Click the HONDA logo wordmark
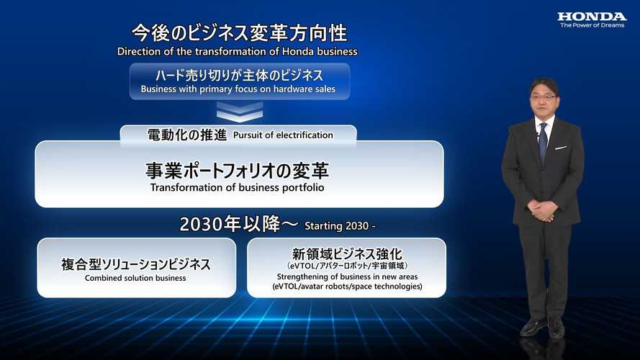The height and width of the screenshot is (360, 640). click(x=592, y=17)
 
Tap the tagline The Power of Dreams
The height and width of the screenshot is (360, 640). click(x=592, y=25)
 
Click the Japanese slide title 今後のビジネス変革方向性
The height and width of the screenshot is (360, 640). click(x=240, y=33)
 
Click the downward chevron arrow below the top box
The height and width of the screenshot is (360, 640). click(x=240, y=112)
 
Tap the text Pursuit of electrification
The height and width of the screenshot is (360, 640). click(x=283, y=135)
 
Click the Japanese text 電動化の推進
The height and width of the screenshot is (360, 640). click(x=187, y=135)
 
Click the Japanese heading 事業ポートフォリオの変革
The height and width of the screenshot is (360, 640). click(x=237, y=171)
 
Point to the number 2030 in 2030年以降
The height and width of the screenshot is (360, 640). click(x=200, y=224)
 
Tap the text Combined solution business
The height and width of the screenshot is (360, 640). click(x=135, y=278)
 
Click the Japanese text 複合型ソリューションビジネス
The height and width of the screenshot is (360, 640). click(x=136, y=264)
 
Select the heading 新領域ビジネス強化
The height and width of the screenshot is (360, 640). click(x=347, y=253)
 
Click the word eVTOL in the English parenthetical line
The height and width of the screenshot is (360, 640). click(x=287, y=287)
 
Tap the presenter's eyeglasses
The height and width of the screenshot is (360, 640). click(x=544, y=97)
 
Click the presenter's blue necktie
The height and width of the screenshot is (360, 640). click(x=543, y=142)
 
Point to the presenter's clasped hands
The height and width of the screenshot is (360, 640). click(x=543, y=211)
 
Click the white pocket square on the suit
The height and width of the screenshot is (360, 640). click(x=560, y=148)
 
